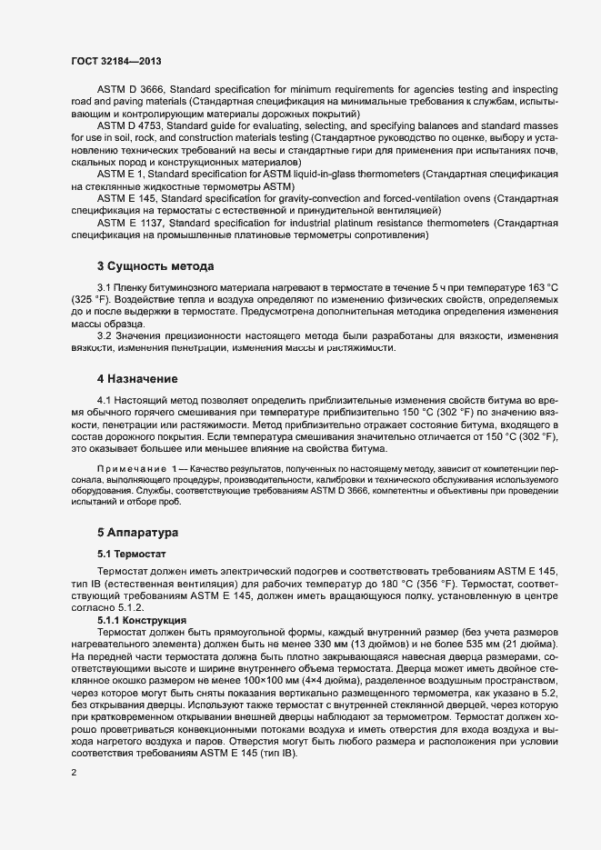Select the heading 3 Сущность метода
(x=155, y=266)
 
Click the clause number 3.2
(x=104, y=336)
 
